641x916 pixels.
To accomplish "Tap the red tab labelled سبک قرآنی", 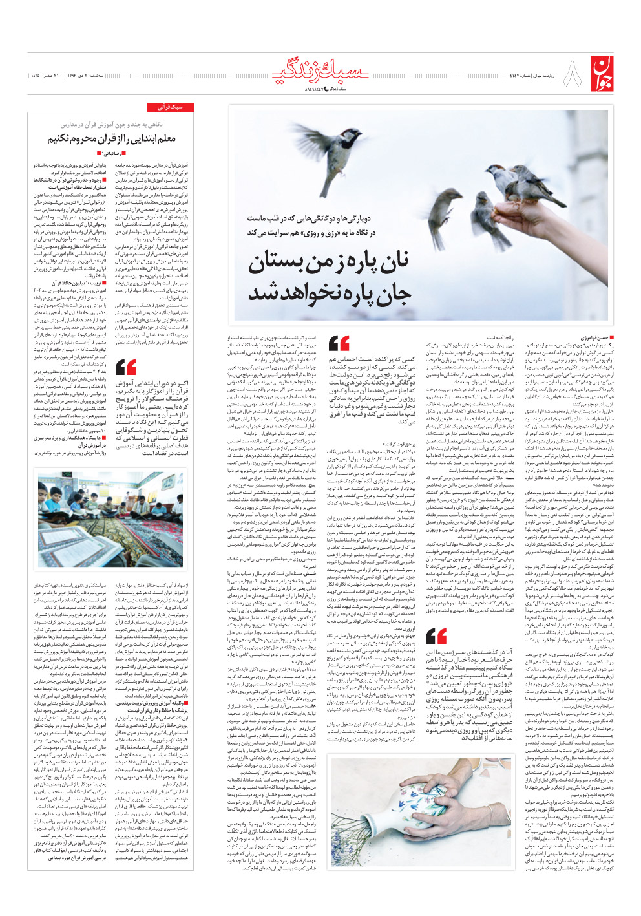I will point(170,107).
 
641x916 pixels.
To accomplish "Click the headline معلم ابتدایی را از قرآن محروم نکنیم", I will point(111,138).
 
